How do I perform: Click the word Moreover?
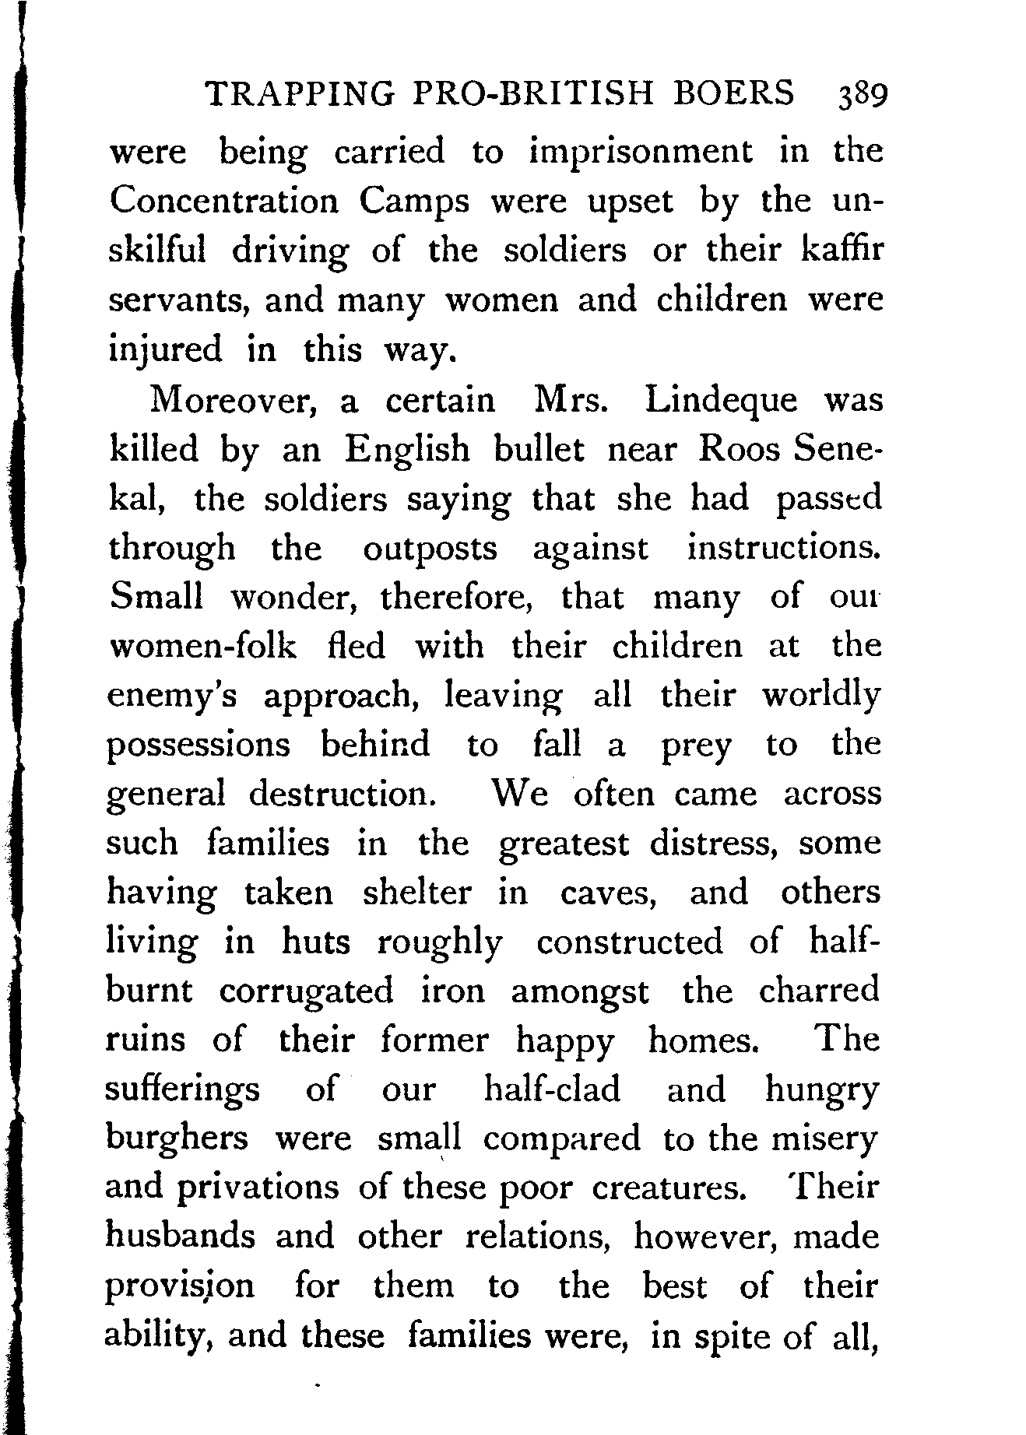coord(233,400)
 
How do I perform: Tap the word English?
coord(409,451)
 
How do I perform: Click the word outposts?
coord(430,549)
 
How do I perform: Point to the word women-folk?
coord(203,647)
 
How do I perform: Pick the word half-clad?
coord(552,1089)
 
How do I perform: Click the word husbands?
coord(181,1237)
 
